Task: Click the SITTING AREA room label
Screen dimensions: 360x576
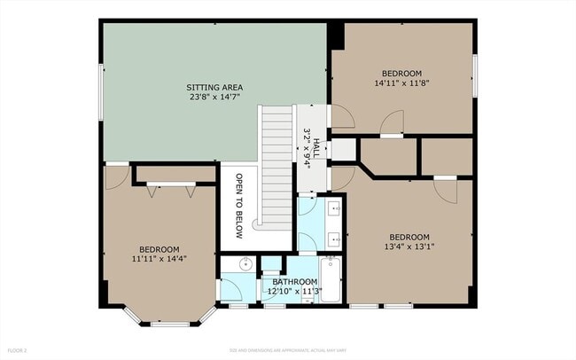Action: (x=214, y=87)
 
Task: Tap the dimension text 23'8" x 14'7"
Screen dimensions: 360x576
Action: (x=214, y=98)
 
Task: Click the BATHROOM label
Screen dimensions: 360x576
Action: (x=294, y=282)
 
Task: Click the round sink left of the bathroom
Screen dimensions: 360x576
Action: (x=245, y=264)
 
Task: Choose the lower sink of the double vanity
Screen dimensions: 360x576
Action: (x=336, y=239)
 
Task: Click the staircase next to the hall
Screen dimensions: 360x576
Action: (x=276, y=164)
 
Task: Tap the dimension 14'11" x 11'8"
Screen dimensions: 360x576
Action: (x=401, y=82)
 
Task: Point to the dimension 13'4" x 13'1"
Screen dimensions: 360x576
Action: (x=409, y=247)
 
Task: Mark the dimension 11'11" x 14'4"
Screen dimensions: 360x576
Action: (x=160, y=258)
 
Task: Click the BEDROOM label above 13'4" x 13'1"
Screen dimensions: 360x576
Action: (x=409, y=236)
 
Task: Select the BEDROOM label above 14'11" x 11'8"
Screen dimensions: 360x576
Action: (x=401, y=72)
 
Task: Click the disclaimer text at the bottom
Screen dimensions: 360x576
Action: (x=287, y=350)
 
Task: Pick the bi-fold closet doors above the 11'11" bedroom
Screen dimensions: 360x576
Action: (x=171, y=187)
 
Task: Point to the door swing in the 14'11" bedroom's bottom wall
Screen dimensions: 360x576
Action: (x=392, y=123)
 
